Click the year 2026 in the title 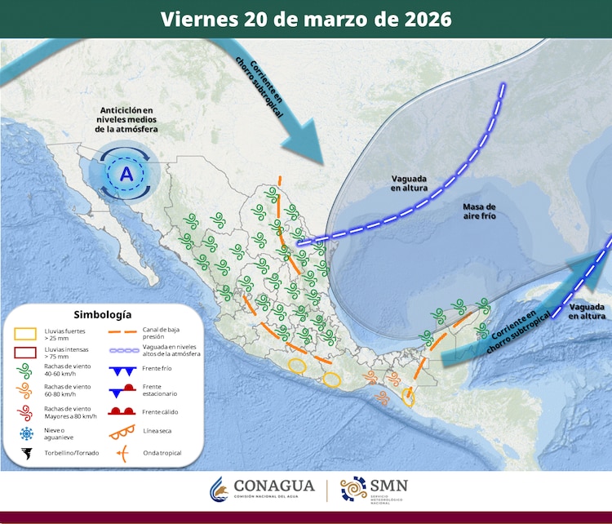click(x=425, y=19)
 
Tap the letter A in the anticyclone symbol click(x=126, y=174)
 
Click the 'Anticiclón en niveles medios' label click(x=126, y=119)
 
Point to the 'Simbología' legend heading click(x=102, y=314)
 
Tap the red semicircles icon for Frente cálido click(x=122, y=411)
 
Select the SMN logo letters click(x=388, y=485)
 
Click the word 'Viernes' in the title click(x=193, y=19)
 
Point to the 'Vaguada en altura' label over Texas click(x=410, y=182)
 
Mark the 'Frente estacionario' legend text click(x=168, y=391)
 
